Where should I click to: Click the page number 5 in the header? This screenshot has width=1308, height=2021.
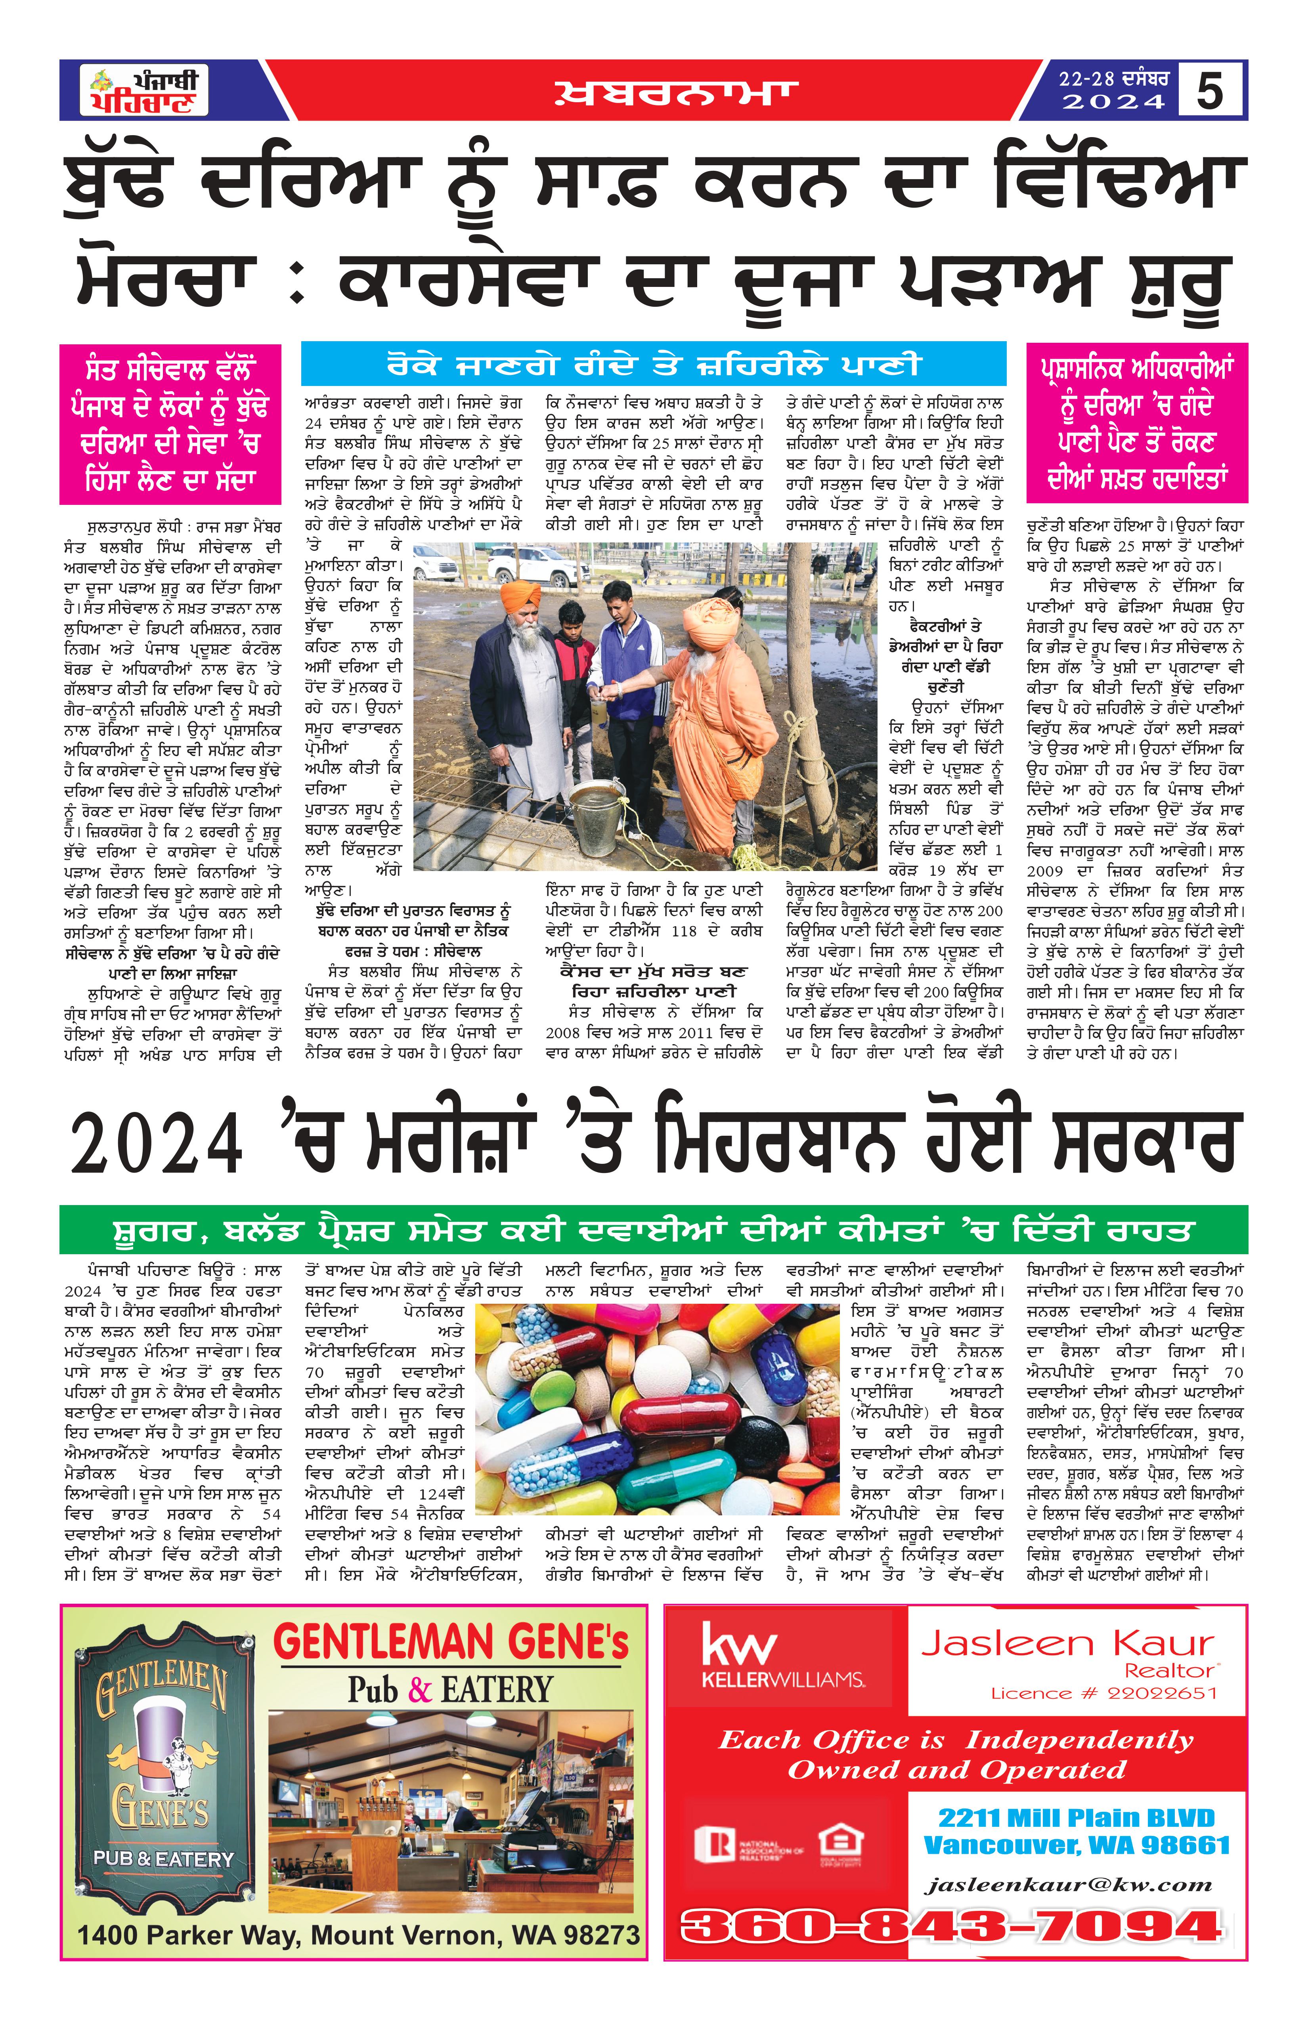pos(1209,90)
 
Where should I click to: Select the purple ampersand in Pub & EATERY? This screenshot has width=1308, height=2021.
pos(420,1690)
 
